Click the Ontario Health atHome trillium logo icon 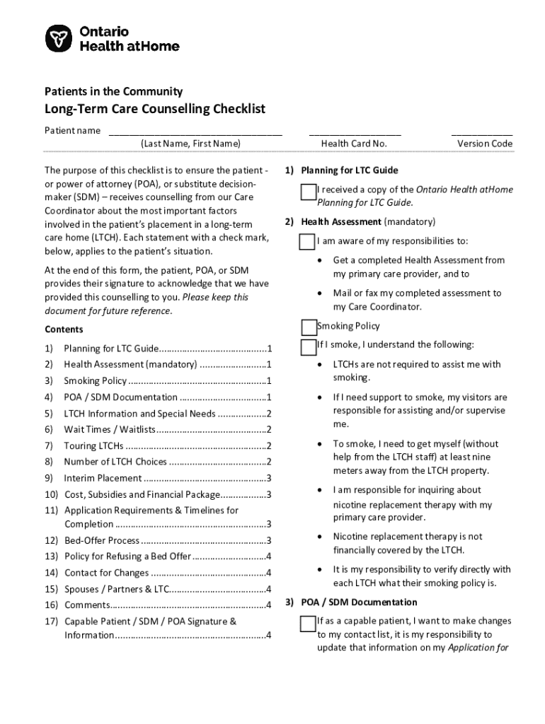(58, 38)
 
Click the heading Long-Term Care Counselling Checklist (155, 109)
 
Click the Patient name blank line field (195, 132)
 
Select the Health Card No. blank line (354, 132)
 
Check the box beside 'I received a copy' (307, 192)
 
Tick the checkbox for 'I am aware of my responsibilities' (307, 243)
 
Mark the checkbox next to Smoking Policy (309, 327)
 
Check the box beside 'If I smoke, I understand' (308, 347)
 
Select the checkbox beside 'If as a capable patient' (307, 624)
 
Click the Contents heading (64, 329)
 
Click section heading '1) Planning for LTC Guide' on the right (341, 170)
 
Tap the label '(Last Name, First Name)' (190, 144)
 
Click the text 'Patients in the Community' (114, 91)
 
